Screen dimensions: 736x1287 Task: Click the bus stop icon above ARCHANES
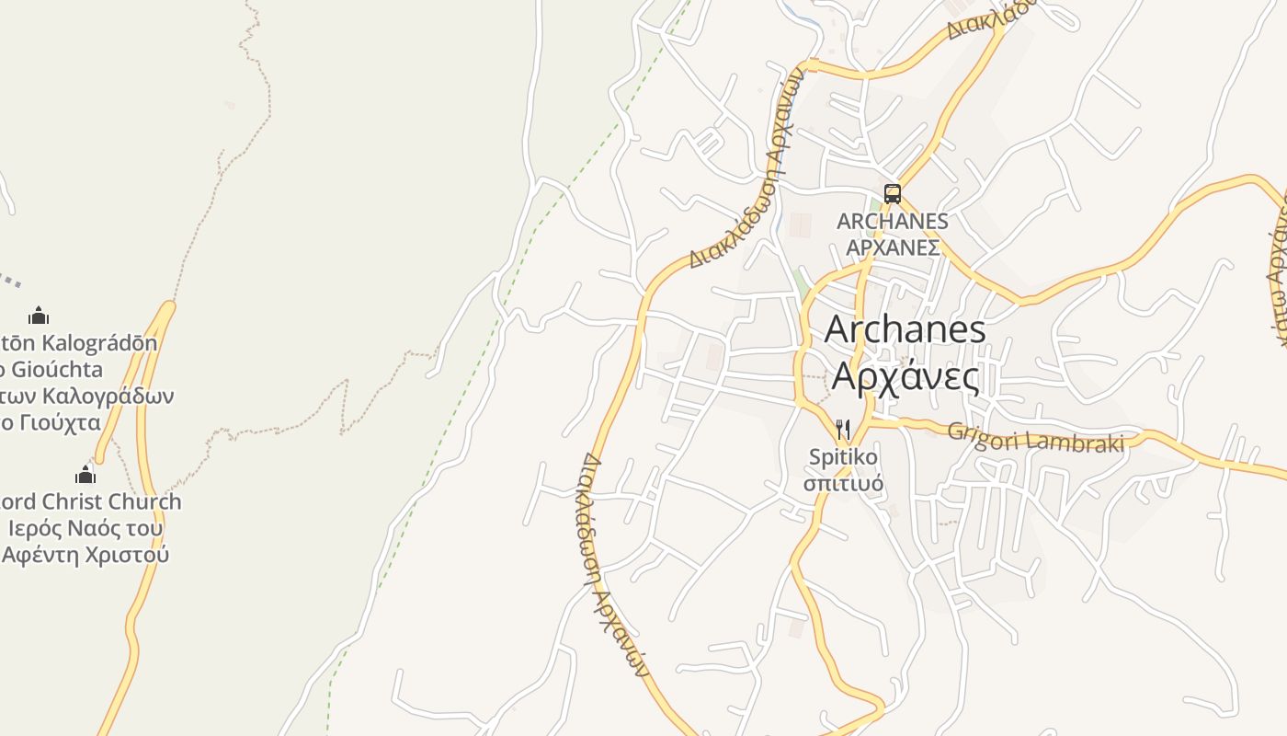(x=892, y=193)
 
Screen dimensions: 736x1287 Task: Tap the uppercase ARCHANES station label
(x=892, y=222)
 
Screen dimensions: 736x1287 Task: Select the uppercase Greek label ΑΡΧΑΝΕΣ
(x=892, y=248)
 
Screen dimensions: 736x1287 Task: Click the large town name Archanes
(x=905, y=330)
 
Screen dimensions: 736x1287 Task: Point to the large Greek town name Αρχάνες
(x=905, y=376)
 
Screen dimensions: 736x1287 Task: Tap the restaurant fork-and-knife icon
(x=843, y=430)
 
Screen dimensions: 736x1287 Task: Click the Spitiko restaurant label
(x=843, y=457)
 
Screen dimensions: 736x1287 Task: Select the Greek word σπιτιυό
(x=843, y=484)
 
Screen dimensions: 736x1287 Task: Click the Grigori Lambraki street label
(x=1035, y=437)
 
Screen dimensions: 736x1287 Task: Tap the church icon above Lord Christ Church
(x=85, y=475)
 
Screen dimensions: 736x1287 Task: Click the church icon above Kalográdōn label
(x=39, y=316)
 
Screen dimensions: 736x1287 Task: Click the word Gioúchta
(x=55, y=370)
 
